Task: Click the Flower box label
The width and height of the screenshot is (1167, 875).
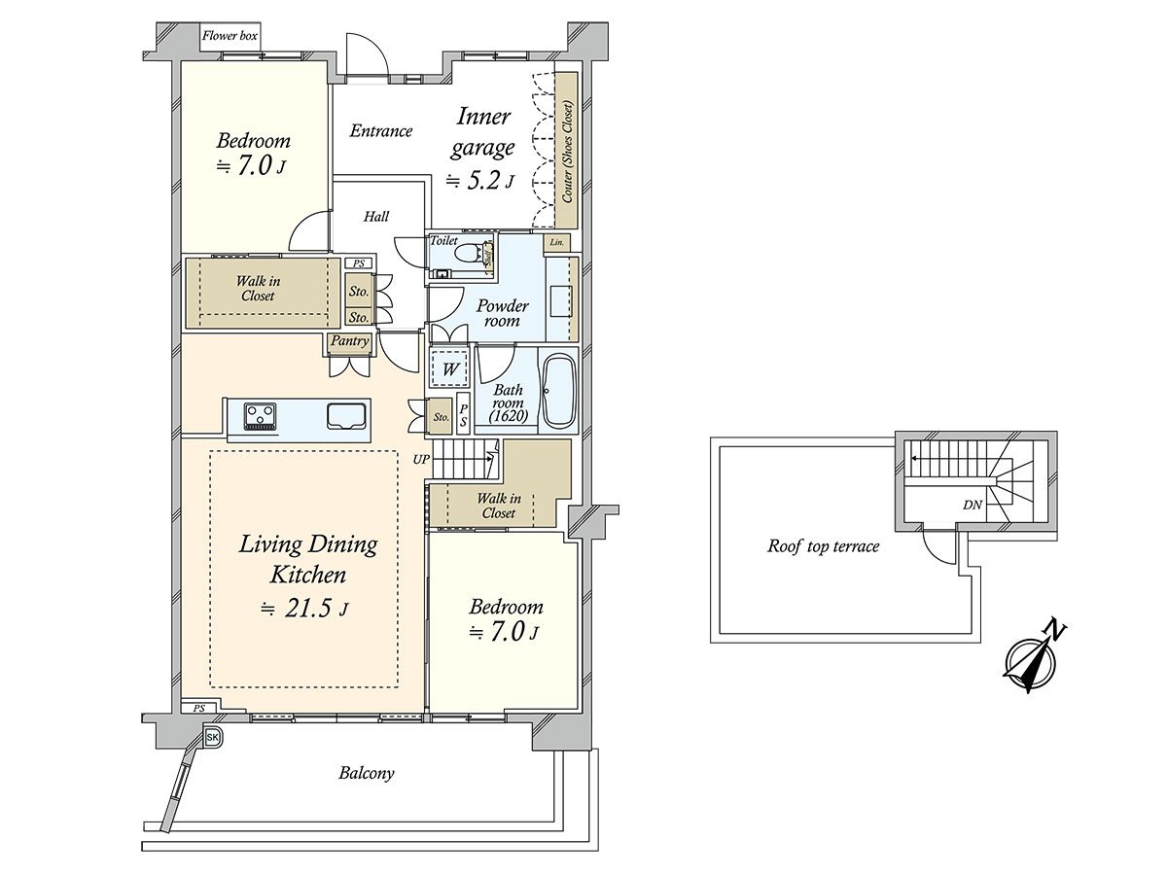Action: click(230, 36)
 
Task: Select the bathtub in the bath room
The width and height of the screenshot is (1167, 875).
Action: click(558, 392)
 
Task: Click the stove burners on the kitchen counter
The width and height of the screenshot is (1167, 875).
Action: click(260, 416)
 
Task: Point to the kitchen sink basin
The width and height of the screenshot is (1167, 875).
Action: click(346, 415)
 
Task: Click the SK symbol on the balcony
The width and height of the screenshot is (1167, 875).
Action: click(213, 737)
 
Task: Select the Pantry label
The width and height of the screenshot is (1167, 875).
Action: click(349, 340)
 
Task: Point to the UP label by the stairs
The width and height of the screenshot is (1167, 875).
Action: click(421, 460)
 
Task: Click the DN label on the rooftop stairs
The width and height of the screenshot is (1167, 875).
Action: click(972, 505)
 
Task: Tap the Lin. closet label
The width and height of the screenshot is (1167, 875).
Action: click(556, 242)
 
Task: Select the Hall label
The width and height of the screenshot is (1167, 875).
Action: click(376, 216)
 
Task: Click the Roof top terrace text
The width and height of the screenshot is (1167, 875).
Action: click(823, 546)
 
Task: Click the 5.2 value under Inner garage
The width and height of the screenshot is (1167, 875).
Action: click(482, 182)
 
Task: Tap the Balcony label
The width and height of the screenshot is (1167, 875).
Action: click(367, 774)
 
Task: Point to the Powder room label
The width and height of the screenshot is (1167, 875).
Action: click(502, 313)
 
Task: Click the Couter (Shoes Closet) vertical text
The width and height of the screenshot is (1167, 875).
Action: click(567, 152)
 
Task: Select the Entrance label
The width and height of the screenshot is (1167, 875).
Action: click(380, 130)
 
